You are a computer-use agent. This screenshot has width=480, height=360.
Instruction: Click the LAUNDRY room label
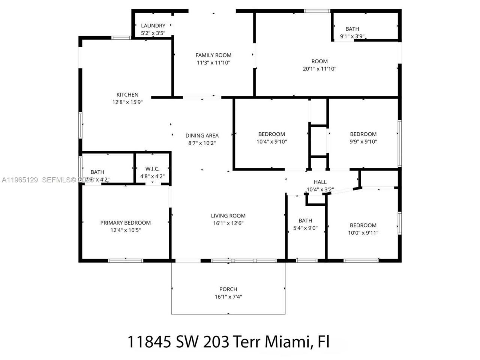tap(153, 25)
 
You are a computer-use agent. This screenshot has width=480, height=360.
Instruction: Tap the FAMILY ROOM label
tap(213, 55)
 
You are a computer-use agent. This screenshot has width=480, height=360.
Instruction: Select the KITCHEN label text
tap(127, 95)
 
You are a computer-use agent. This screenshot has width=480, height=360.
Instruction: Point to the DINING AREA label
tap(202, 136)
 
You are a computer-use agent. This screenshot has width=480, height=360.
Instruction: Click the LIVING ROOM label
tap(228, 216)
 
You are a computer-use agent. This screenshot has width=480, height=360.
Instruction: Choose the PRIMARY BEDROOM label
tap(125, 223)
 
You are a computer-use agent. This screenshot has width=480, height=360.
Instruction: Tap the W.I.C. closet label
tap(152, 169)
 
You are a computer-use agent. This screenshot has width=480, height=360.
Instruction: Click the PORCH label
tap(228, 289)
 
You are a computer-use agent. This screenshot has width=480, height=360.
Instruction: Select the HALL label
tap(320, 182)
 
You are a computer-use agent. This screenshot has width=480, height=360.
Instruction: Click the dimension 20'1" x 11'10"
tap(319, 69)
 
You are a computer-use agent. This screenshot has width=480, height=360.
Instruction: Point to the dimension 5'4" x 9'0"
tap(305, 228)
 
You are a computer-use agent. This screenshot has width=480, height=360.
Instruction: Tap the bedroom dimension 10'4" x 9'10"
tap(271, 142)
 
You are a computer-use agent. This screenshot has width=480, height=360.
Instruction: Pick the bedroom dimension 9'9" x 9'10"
tap(363, 142)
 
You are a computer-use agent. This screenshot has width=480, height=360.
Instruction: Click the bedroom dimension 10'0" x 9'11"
tap(363, 233)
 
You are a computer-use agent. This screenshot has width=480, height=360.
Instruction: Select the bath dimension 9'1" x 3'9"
tap(352, 36)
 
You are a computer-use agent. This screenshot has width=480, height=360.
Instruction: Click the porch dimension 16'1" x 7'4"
tap(228, 297)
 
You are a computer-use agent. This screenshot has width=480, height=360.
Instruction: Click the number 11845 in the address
tap(149, 342)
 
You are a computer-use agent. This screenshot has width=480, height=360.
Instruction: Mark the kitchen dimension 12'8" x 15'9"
tap(127, 102)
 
